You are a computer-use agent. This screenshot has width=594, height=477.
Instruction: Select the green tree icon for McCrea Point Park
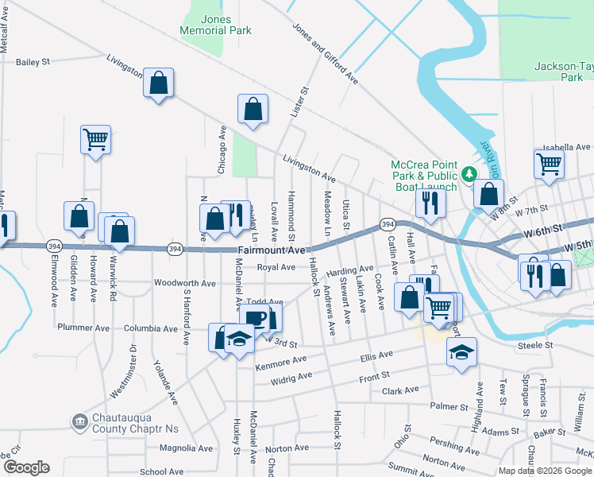(469, 173)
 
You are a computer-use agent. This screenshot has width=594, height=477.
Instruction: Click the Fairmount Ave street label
(272, 250)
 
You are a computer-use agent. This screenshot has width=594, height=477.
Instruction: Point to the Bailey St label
(33, 60)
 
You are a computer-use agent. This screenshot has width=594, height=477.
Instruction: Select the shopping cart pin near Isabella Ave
(549, 165)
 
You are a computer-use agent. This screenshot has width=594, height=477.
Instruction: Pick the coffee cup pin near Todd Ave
(254, 319)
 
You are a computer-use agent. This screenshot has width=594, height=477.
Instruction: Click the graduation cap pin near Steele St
(460, 351)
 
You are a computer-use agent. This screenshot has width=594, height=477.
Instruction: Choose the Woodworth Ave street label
(184, 283)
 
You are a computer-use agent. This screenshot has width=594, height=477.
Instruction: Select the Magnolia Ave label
(186, 448)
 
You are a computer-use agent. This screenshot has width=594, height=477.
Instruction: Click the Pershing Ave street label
(456, 444)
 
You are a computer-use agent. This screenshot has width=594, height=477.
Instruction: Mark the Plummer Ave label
(83, 328)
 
